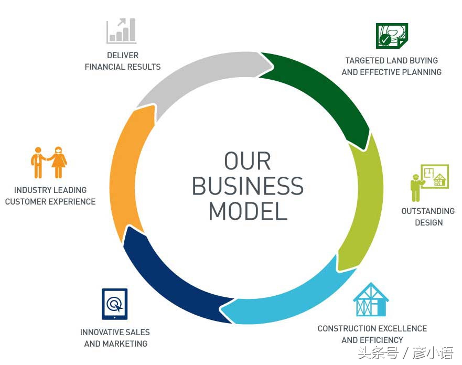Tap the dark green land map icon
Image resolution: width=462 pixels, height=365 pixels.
(x=391, y=35)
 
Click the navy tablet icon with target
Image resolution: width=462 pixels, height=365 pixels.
(x=114, y=304)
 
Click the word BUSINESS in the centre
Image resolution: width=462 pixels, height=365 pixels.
(x=248, y=186)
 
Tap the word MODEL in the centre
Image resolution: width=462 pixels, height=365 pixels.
(x=248, y=211)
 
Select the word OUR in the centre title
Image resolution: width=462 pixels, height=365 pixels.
(x=248, y=161)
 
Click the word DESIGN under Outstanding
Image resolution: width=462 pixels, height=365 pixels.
(x=428, y=222)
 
